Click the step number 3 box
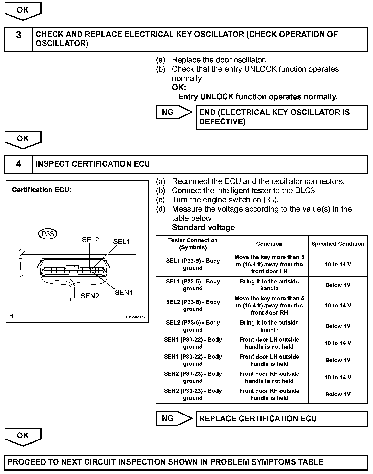point(19,39)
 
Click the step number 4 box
point(19,164)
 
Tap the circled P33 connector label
point(48,234)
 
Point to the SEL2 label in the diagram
point(90,240)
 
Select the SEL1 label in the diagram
point(121,242)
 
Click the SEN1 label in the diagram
point(124,293)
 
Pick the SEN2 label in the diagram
point(90,296)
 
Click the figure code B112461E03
point(136,317)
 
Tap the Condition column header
point(269,244)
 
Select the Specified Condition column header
point(338,244)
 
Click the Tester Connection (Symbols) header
point(193,244)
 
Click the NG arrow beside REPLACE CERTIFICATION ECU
point(174,418)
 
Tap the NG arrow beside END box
point(174,112)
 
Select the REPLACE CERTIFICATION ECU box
point(282,419)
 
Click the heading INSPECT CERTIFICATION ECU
point(93,164)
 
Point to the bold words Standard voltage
point(203,227)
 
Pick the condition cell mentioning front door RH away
point(269,306)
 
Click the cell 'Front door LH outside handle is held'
point(269,360)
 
